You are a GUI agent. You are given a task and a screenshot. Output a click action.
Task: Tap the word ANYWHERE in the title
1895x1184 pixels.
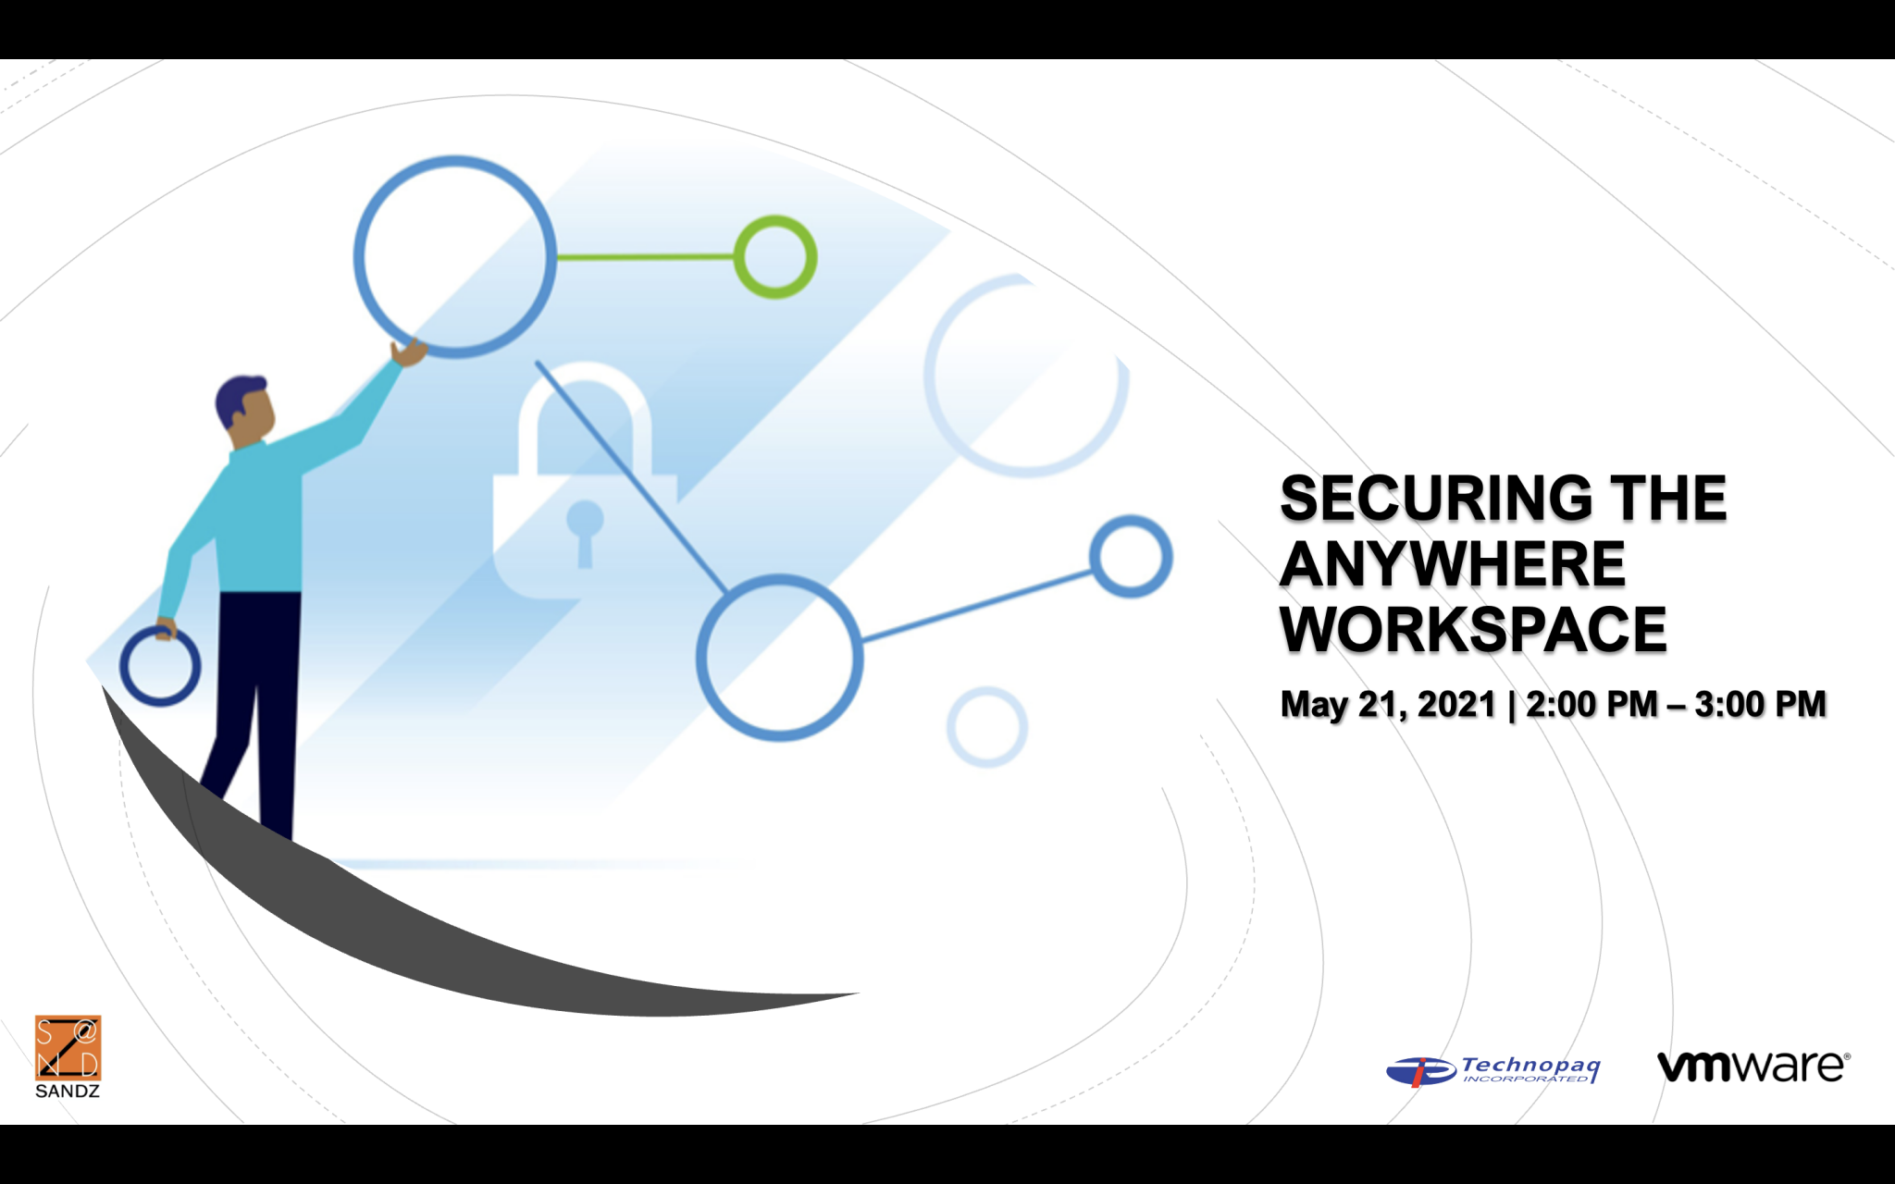1453,564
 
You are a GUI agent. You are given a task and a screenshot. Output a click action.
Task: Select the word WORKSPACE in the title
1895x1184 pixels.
1473,631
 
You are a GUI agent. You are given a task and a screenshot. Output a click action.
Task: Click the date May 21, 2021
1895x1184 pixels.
1388,705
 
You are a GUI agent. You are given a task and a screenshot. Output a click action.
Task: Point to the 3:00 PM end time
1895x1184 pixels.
1760,705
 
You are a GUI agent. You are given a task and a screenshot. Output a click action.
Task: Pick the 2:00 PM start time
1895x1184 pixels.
1592,705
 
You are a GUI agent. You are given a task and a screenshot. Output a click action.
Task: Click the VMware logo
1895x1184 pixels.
1753,1067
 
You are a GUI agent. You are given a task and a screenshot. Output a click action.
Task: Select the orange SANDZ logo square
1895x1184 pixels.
68,1048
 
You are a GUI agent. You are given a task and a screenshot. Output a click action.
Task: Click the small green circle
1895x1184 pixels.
775,257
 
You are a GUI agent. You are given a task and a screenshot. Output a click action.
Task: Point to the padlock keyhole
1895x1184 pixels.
585,527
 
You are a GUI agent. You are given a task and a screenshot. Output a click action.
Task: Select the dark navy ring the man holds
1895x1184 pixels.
160,667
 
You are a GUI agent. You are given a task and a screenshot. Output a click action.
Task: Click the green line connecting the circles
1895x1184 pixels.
645,257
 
